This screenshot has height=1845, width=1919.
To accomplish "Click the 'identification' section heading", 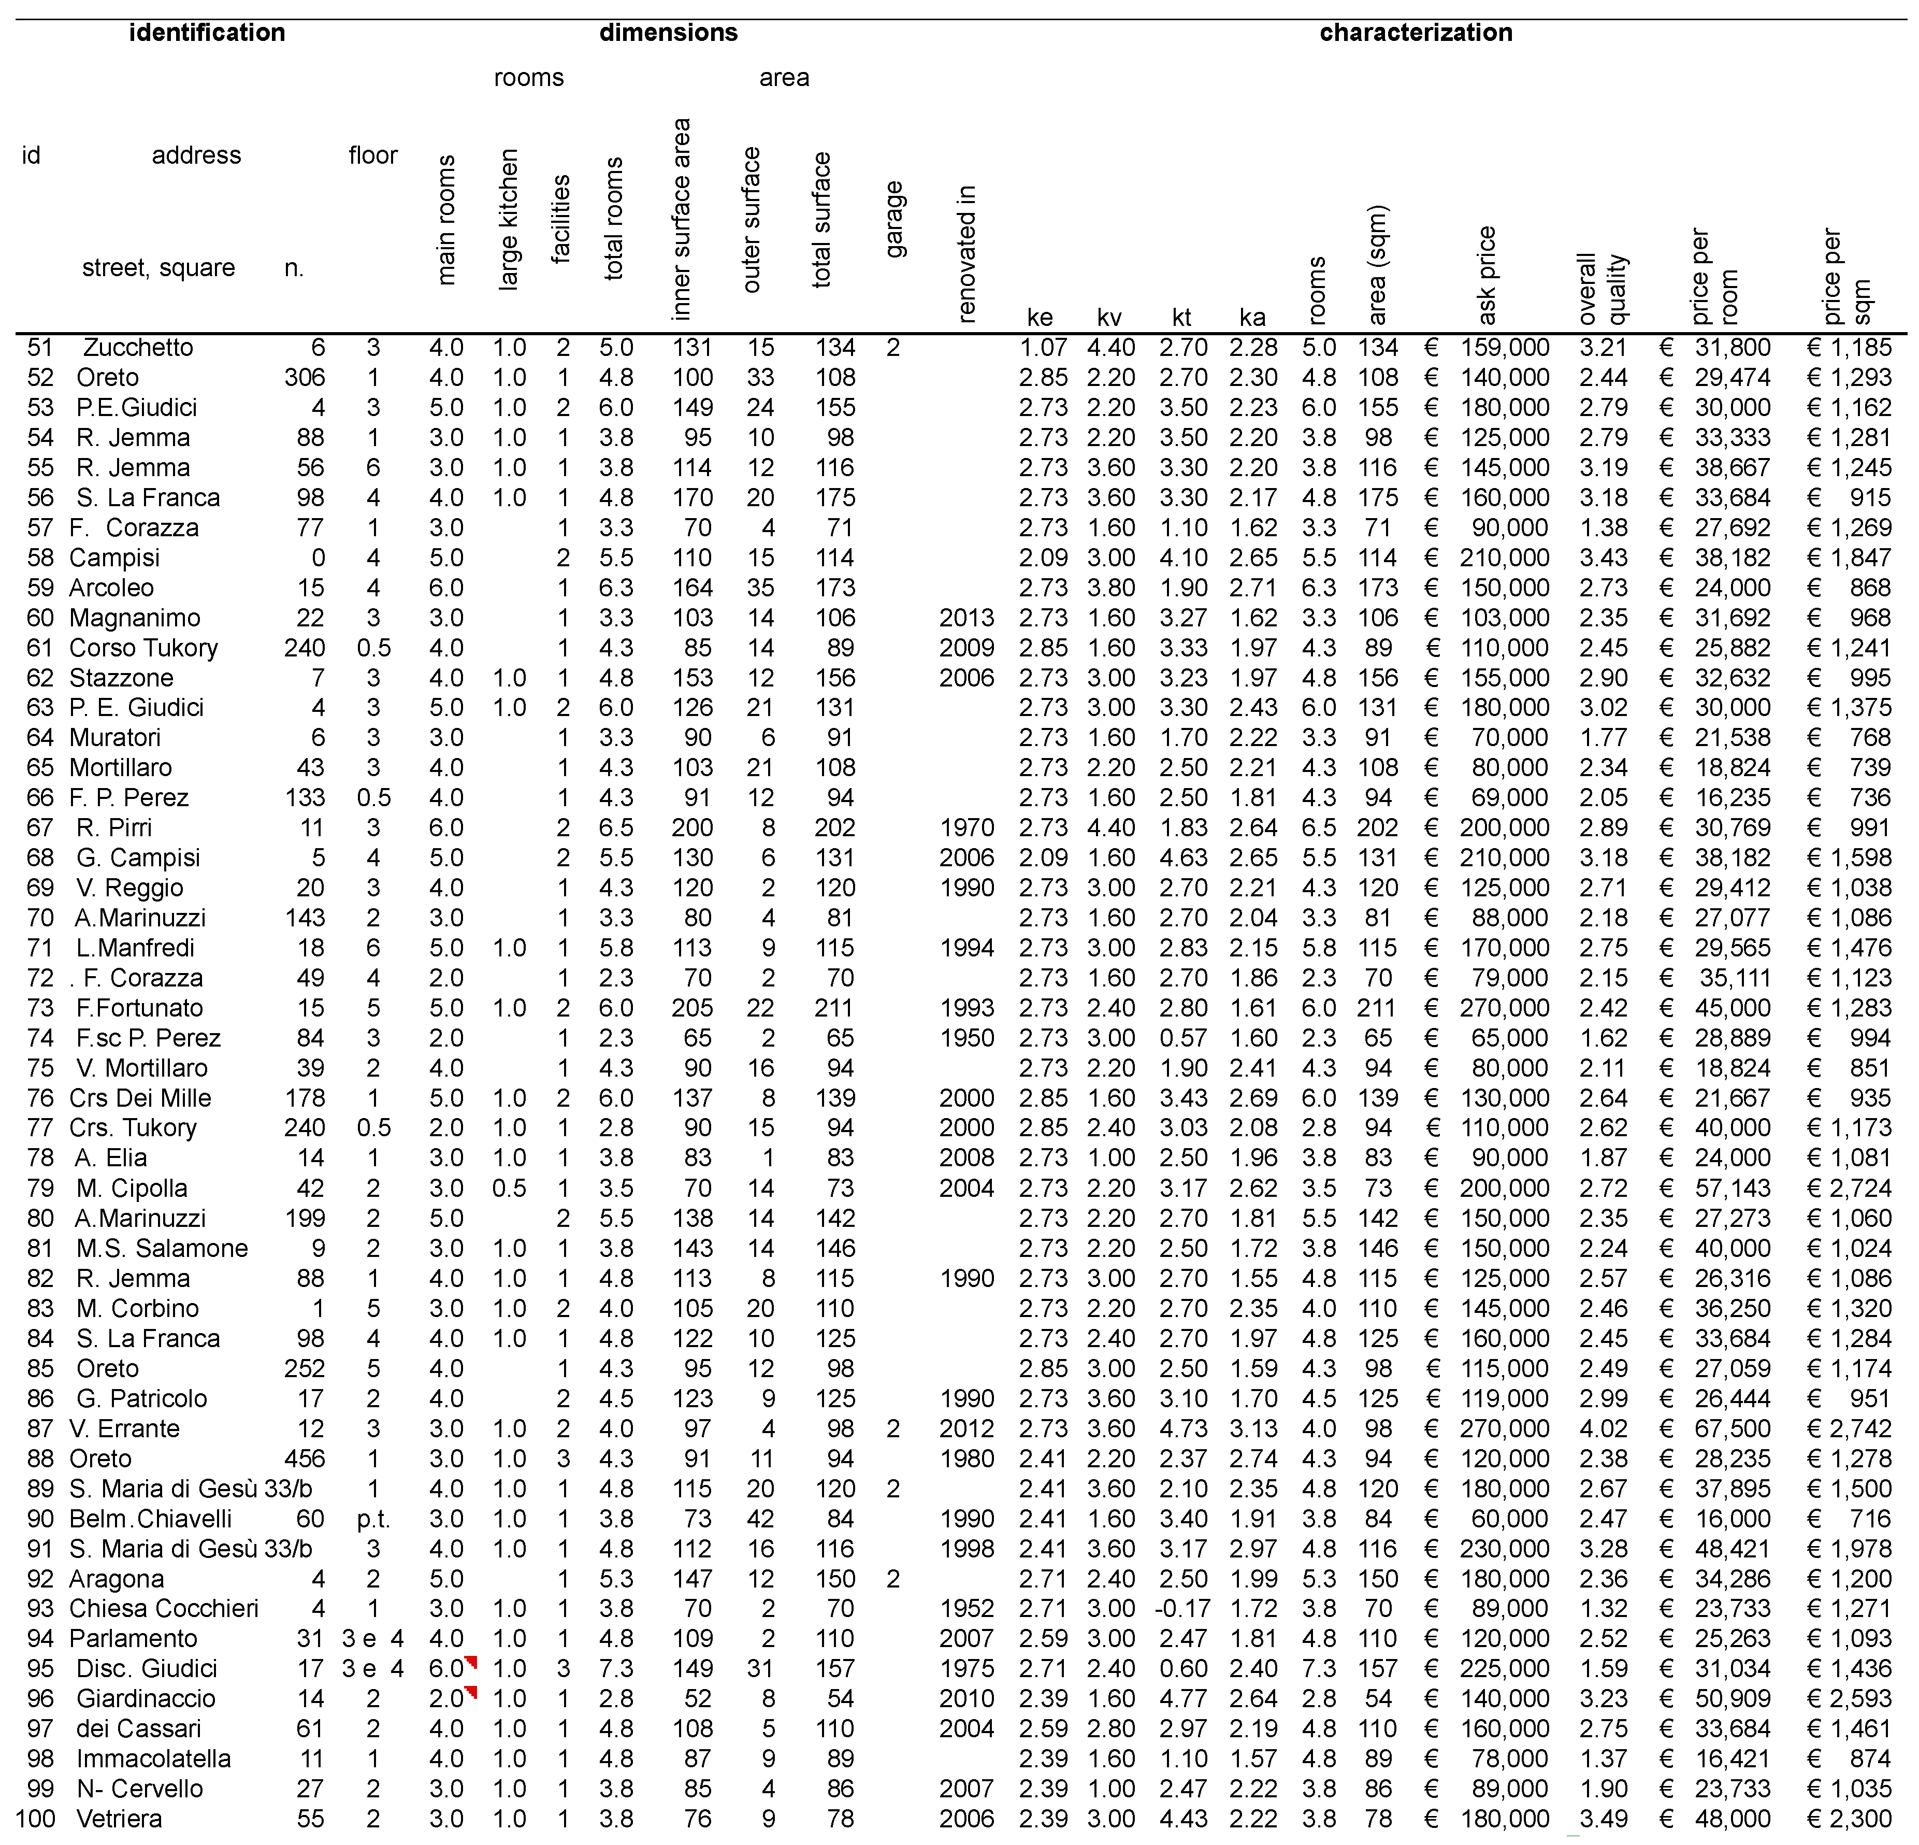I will click(207, 32).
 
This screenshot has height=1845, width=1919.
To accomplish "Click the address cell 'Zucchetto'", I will click(138, 348).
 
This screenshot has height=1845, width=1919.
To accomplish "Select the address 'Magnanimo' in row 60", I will click(134, 618).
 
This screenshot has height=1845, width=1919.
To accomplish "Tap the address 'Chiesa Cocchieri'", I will click(164, 1608).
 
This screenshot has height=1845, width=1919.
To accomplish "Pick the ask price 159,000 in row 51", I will click(1504, 348).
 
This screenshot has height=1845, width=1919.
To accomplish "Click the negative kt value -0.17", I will click(1182, 1608).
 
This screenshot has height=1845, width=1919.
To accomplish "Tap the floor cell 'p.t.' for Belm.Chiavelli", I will click(373, 1519).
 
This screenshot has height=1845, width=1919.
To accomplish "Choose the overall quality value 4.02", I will click(1603, 1429).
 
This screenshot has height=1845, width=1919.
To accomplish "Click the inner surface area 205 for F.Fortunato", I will click(691, 1008).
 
